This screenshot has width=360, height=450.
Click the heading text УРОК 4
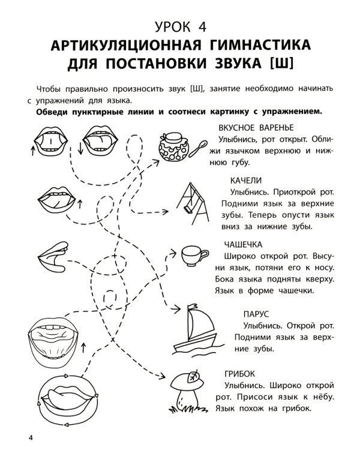(x=179, y=26)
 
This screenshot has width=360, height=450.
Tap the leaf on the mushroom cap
(x=193, y=377)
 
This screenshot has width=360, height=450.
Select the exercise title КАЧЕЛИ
(x=245, y=180)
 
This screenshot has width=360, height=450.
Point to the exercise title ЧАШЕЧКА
(x=243, y=244)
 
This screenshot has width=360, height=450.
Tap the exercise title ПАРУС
(x=256, y=314)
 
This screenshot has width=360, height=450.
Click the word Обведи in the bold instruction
(x=54, y=112)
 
